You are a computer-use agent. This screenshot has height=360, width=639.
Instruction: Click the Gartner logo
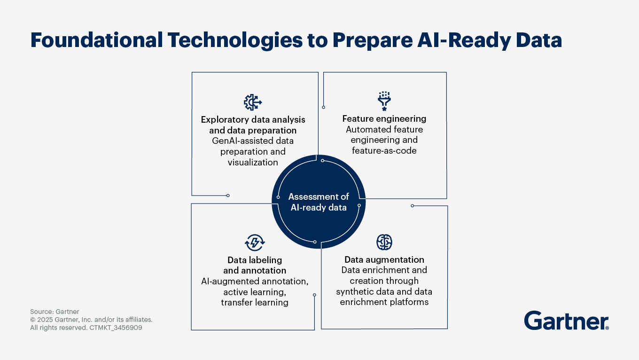click(x=566, y=321)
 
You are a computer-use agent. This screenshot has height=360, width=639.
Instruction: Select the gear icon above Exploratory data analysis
click(x=253, y=102)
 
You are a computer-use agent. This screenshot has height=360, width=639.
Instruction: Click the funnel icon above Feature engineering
click(x=384, y=101)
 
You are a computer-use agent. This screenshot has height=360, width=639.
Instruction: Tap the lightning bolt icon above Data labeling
click(x=255, y=243)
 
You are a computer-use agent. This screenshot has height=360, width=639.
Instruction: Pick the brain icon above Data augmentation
click(x=384, y=242)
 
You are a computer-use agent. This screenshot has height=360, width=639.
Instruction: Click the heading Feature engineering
click(x=384, y=119)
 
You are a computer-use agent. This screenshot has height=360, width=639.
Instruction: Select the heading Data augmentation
click(x=384, y=259)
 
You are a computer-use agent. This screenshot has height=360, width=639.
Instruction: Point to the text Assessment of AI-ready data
click(x=319, y=202)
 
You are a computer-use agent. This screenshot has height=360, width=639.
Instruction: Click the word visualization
click(x=253, y=162)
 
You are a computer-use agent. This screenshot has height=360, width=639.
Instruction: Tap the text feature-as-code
click(x=384, y=150)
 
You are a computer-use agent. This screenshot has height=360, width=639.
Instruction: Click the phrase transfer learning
click(x=255, y=302)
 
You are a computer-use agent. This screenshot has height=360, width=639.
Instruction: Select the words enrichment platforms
click(x=384, y=302)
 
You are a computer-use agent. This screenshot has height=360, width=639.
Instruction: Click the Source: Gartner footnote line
click(x=55, y=312)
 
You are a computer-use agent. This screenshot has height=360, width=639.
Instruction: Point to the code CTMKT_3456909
click(x=116, y=328)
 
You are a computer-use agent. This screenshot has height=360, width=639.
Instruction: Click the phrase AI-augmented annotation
click(x=255, y=282)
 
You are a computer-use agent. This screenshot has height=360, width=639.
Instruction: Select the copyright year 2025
click(x=45, y=320)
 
